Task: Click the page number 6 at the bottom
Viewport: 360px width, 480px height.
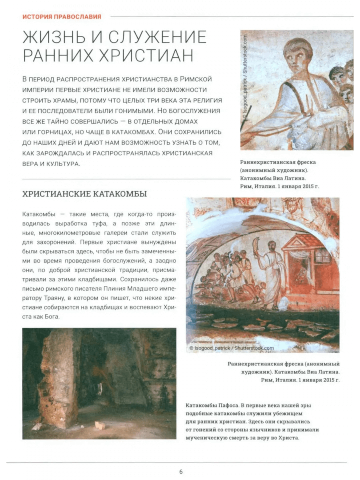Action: coord(181,472)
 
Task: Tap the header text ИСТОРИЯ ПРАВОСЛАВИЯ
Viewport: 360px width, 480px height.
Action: coord(62,17)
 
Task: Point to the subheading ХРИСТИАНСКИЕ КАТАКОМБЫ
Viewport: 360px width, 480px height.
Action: coord(84,194)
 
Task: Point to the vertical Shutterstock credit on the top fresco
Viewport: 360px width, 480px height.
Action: coord(245,82)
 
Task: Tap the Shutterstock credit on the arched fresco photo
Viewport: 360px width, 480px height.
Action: coord(231,348)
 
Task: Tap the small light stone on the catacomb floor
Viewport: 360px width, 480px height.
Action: coord(100,425)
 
